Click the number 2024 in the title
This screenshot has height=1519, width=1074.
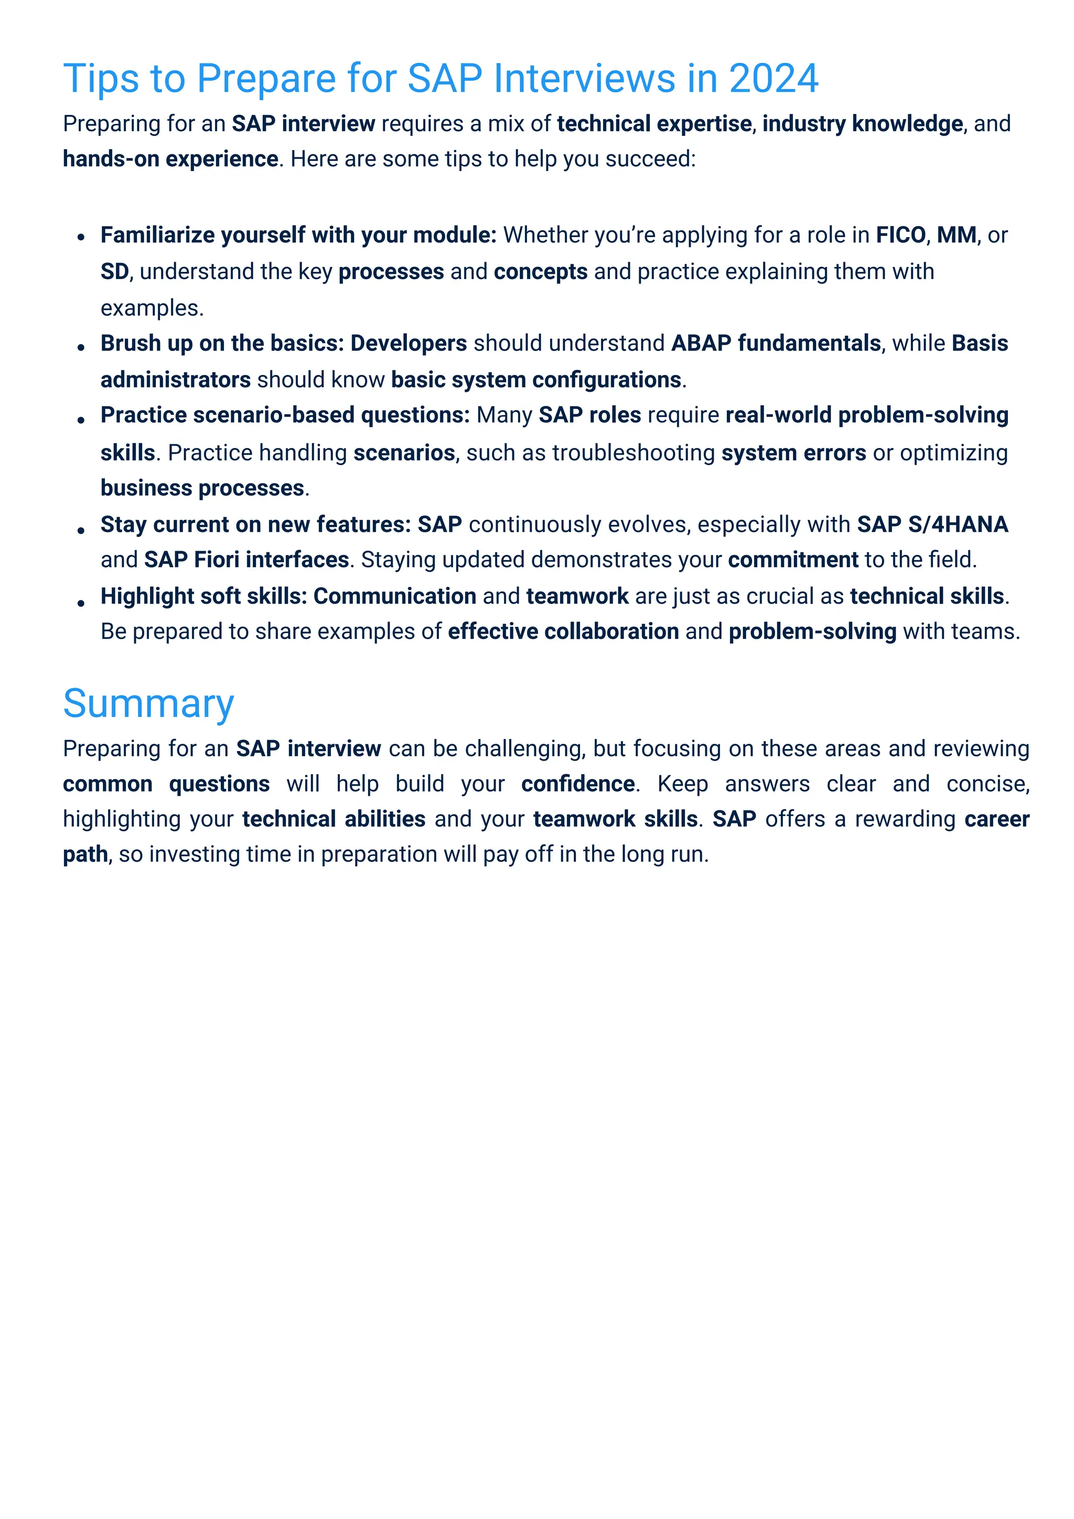pyautogui.click(x=773, y=79)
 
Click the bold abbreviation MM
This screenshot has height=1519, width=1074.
pyautogui.click(x=957, y=235)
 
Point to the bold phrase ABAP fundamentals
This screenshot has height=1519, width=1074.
pyautogui.click(x=775, y=344)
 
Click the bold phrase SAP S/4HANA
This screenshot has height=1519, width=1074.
pyautogui.click(x=932, y=524)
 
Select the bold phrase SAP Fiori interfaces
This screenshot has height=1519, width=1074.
pyautogui.click(x=246, y=560)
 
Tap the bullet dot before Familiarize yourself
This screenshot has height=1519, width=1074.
pyautogui.click(x=81, y=238)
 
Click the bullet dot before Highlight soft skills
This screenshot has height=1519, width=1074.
pyautogui.click(x=81, y=603)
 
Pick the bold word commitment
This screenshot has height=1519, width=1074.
pyautogui.click(x=792, y=560)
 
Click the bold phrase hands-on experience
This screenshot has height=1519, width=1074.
pyautogui.click(x=170, y=159)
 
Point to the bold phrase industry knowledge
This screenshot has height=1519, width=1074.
pyautogui.click(x=862, y=124)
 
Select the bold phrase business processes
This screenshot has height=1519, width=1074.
pyautogui.click(x=202, y=488)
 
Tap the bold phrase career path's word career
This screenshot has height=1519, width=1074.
pyautogui.click(x=996, y=819)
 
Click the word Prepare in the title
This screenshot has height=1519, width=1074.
pyautogui.click(x=266, y=79)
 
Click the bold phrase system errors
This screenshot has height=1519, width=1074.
pyautogui.click(x=793, y=453)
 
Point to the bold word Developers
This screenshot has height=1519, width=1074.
pyautogui.click(x=408, y=344)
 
